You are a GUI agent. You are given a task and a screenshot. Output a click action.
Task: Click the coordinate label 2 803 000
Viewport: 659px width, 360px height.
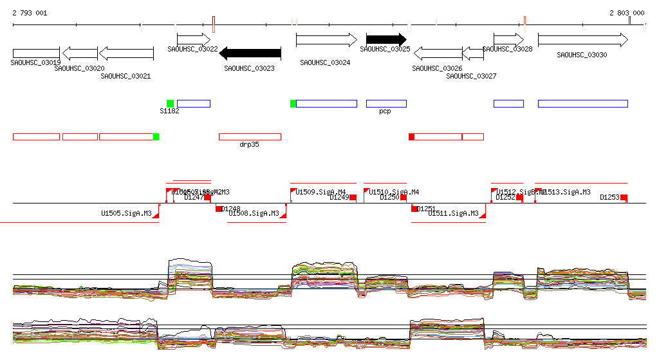627,13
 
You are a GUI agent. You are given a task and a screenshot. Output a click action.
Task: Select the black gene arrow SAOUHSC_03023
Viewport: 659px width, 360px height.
254,53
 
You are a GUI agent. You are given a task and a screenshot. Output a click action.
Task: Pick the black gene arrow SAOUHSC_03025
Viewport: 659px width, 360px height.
386,40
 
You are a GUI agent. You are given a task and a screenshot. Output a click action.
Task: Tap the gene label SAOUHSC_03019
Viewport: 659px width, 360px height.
36,62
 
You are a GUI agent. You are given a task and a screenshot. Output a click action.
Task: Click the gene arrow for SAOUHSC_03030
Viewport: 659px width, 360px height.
582,40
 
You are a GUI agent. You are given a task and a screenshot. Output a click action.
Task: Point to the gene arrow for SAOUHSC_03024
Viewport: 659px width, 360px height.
326,40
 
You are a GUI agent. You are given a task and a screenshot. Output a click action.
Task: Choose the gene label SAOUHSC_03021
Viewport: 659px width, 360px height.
125,76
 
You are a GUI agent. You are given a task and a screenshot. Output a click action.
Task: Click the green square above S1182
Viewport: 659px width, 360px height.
170,104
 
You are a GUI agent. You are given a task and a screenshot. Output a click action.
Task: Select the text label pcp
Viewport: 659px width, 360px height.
385,111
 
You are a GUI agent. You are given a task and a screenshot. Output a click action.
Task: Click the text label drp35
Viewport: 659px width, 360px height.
249,145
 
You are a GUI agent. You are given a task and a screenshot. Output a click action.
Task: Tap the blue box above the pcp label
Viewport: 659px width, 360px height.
386,104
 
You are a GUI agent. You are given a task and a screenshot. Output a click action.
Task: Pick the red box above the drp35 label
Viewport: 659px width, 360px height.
250,137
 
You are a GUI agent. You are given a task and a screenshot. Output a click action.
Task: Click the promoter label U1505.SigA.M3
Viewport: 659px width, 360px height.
126,213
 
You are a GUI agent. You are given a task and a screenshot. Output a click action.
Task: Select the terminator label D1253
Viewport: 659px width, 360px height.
609,198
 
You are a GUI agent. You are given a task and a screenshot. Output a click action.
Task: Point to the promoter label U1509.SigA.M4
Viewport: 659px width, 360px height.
320,192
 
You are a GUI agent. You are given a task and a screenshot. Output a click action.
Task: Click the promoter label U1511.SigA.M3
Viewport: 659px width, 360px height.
453,213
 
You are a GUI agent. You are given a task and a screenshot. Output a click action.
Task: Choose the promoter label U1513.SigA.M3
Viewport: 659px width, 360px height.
566,192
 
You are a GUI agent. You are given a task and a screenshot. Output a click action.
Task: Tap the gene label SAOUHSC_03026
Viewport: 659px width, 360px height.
437,68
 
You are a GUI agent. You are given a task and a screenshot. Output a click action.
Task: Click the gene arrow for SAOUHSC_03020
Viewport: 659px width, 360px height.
80,53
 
